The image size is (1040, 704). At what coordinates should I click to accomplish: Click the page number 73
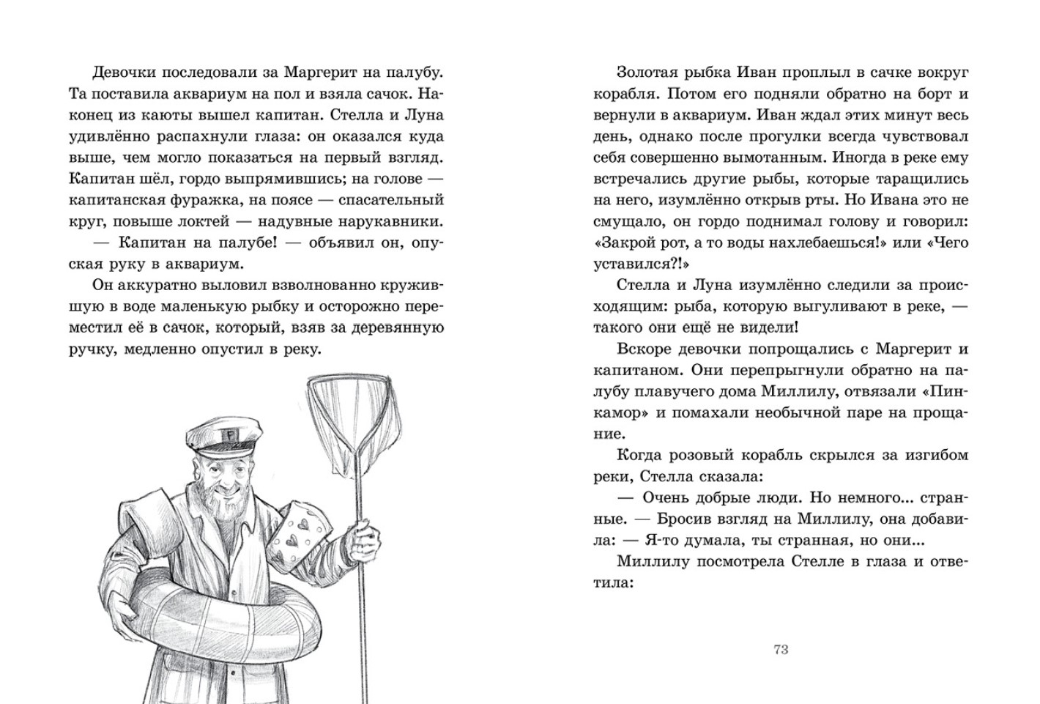click(x=780, y=649)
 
